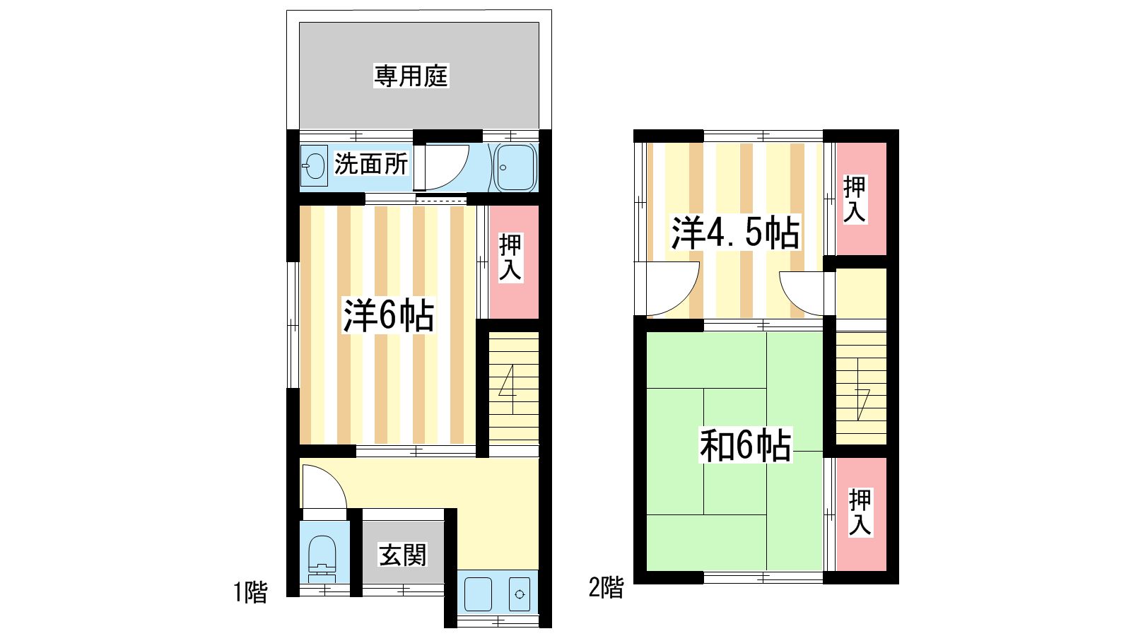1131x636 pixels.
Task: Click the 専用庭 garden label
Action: coord(411,76)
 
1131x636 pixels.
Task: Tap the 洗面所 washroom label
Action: coord(371,163)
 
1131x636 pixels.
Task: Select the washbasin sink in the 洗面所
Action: coord(314,165)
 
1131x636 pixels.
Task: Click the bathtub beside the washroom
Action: coord(515,167)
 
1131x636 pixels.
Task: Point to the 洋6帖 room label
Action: coord(388,315)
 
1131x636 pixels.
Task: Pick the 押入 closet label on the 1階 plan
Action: coord(510,257)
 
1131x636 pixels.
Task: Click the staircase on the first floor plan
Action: coord(513,389)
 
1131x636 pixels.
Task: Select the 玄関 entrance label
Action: coord(403,555)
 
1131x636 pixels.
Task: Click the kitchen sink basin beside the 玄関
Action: coord(478,594)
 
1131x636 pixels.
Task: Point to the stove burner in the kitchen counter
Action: coord(520,594)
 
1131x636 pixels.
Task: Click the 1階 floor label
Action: coord(250,592)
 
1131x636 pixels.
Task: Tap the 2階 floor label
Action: coord(606,587)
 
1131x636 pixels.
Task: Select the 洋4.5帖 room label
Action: coord(735,232)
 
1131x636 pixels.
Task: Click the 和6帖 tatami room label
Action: coord(745,445)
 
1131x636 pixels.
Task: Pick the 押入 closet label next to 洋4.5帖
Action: coord(855,199)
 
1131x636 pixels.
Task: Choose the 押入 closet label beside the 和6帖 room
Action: coord(860,512)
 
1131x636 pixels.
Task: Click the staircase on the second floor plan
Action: coord(861,389)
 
